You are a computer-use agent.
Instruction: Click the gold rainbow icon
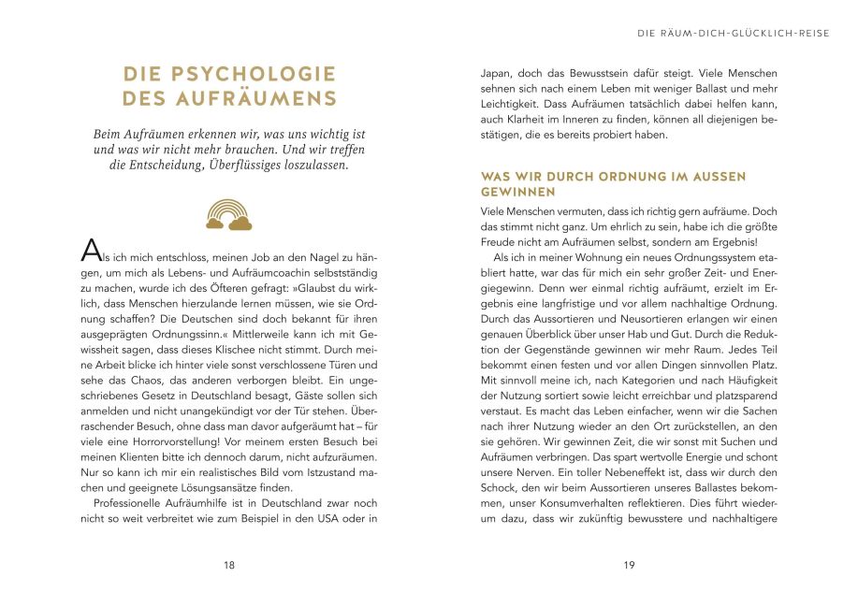tap(229, 214)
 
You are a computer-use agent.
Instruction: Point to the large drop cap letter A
tap(91, 250)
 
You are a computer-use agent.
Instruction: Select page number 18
tap(229, 565)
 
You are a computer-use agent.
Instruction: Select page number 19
tap(629, 565)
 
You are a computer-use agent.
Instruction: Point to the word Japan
tap(496, 72)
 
